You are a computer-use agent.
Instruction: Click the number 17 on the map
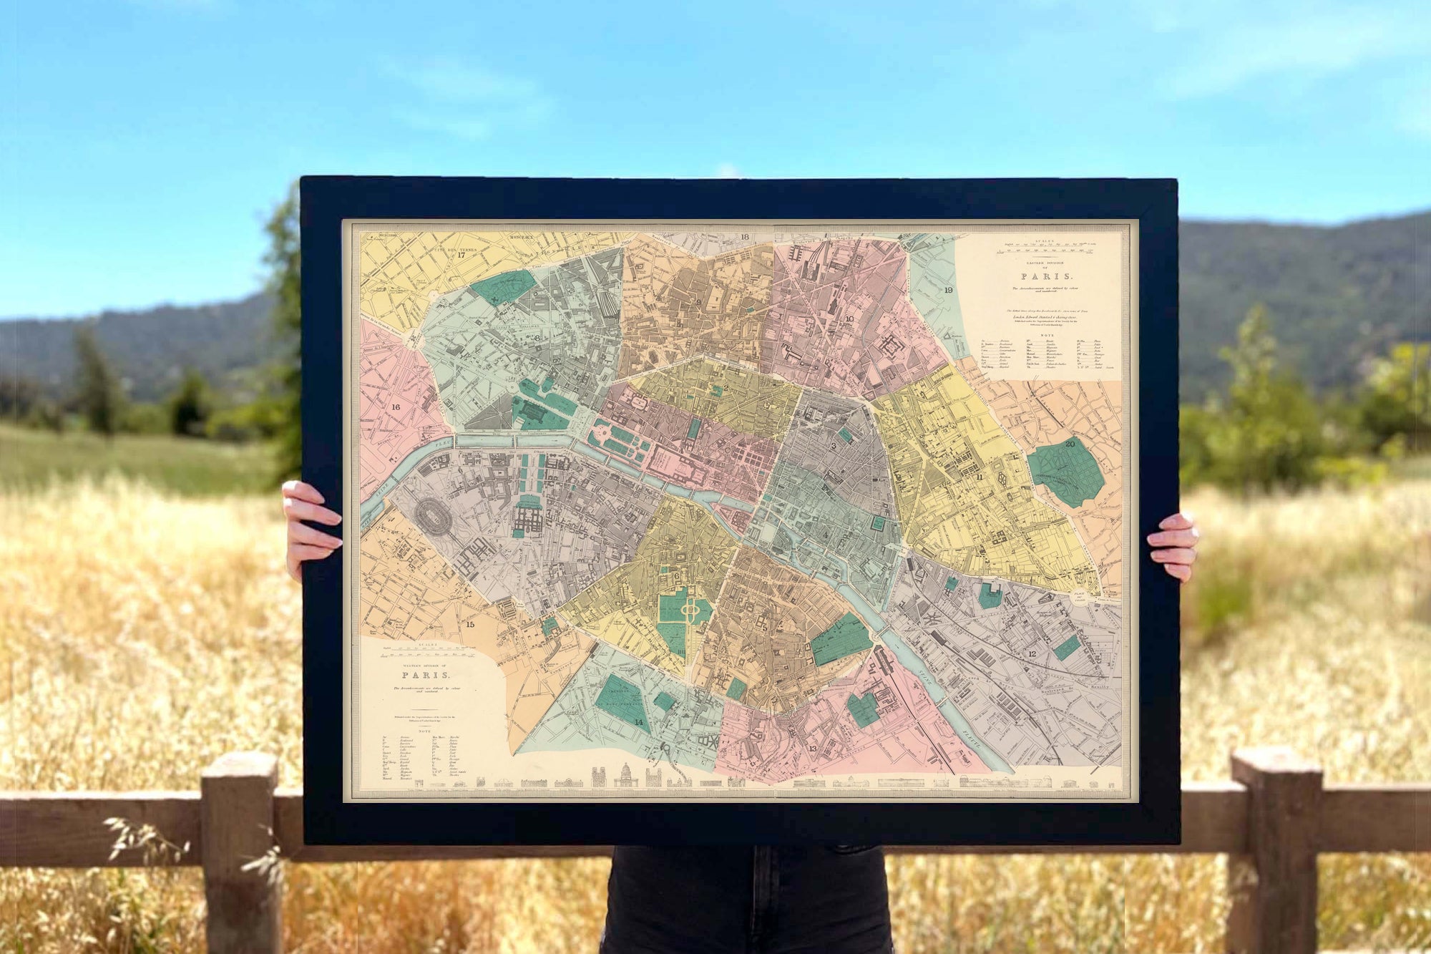tap(461, 255)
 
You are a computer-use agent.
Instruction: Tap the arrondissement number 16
tap(396, 407)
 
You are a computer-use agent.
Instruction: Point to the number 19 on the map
tap(948, 290)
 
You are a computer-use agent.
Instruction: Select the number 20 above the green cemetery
tap(1070, 444)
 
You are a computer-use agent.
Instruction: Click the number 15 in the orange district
tap(470, 624)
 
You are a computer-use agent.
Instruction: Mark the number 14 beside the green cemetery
tap(638, 723)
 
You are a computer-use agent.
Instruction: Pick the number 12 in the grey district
tap(1032, 653)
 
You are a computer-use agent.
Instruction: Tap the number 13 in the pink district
tap(812, 749)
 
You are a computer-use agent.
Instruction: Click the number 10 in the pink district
tap(849, 319)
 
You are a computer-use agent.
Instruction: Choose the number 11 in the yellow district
tap(979, 476)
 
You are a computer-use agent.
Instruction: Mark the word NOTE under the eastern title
tap(1047, 335)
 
